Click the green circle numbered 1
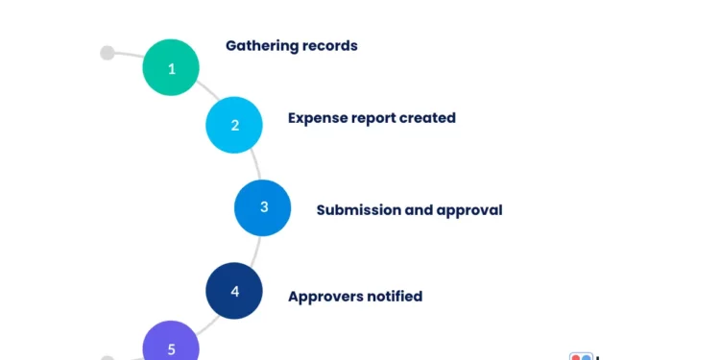[x=171, y=67]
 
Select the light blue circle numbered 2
[x=234, y=125]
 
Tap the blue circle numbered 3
[x=263, y=207]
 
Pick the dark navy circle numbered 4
[x=234, y=291]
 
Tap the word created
[x=431, y=118]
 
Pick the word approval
[x=469, y=210]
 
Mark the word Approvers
[x=325, y=296]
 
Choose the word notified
[x=395, y=296]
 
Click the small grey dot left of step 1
[x=108, y=53]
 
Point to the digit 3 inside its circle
[x=263, y=207]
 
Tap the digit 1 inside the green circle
[x=172, y=69]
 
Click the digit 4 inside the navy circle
[x=234, y=291]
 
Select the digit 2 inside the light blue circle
[x=234, y=125]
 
